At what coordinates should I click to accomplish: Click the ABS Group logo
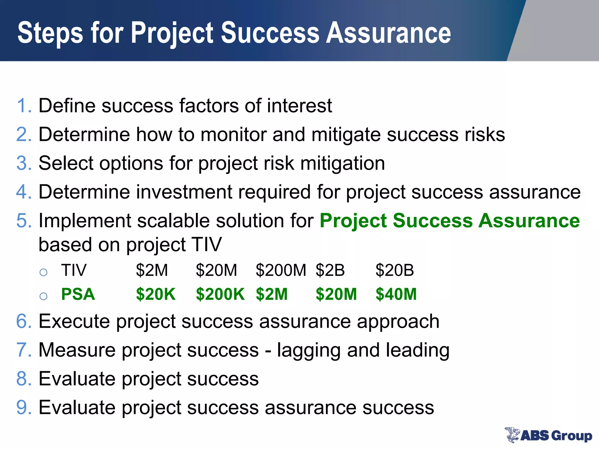[548, 435]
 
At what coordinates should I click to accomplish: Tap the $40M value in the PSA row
[396, 294]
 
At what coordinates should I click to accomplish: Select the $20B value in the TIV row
[395, 270]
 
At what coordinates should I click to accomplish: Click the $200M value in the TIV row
[281, 270]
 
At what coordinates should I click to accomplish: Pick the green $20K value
[156, 294]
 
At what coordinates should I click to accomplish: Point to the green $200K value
[220, 294]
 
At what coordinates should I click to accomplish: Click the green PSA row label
[78, 294]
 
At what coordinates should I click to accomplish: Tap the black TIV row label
[74, 270]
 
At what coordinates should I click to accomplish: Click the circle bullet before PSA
[44, 296]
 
